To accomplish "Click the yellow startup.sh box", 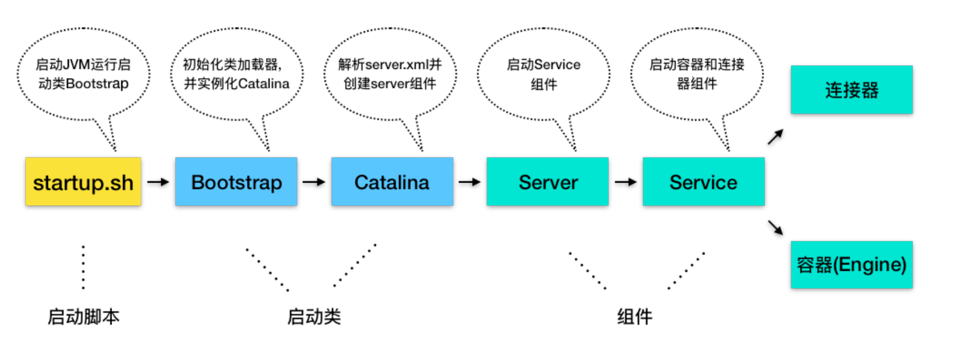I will pyautogui.click(x=83, y=182).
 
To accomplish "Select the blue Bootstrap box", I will pyautogui.click(x=236, y=182).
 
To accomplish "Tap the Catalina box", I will pyautogui.click(x=392, y=182).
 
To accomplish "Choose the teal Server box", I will pyautogui.click(x=547, y=182).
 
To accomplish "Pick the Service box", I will pyautogui.click(x=703, y=182).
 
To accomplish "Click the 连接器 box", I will pyautogui.click(x=851, y=89).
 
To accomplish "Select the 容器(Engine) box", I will pyautogui.click(x=851, y=265).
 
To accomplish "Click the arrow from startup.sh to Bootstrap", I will pyautogui.click(x=158, y=182).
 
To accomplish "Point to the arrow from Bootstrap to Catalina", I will pyautogui.click(x=314, y=182).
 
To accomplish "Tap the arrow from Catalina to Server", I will pyautogui.click(x=470, y=182).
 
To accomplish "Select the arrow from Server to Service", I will pyautogui.click(x=625, y=182).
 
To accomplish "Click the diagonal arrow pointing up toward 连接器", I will pyautogui.click(x=775, y=137).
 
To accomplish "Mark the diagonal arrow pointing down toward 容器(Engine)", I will pyautogui.click(x=775, y=227).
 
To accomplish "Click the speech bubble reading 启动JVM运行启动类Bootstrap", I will pyautogui.click(x=83, y=74).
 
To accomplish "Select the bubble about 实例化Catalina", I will pyautogui.click(x=236, y=74).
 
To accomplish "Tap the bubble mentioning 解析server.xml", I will pyautogui.click(x=390, y=74).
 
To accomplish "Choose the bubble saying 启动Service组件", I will pyautogui.click(x=543, y=74).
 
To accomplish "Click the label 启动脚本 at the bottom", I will pyautogui.click(x=84, y=316).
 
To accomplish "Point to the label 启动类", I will pyautogui.click(x=314, y=316).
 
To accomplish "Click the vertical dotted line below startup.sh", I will pyautogui.click(x=83, y=267).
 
